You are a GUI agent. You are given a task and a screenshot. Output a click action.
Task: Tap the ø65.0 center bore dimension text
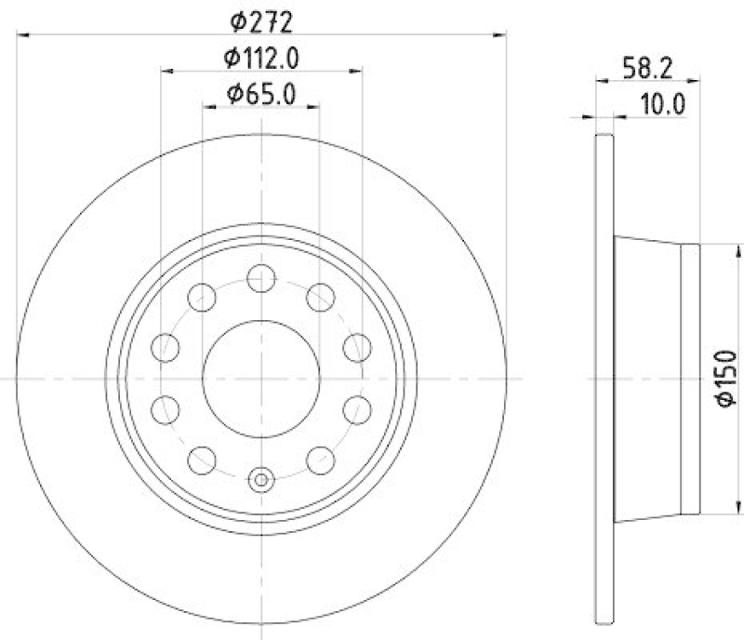click(x=261, y=94)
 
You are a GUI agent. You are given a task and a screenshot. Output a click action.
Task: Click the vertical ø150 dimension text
click(x=724, y=379)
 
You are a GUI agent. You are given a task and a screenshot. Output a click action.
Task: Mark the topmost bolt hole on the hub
click(x=261, y=276)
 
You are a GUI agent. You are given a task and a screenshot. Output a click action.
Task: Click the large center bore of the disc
click(x=261, y=379)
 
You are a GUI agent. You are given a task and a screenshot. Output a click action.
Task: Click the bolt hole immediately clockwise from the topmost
click(x=320, y=298)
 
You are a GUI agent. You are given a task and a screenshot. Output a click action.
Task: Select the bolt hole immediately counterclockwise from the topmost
click(x=202, y=298)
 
